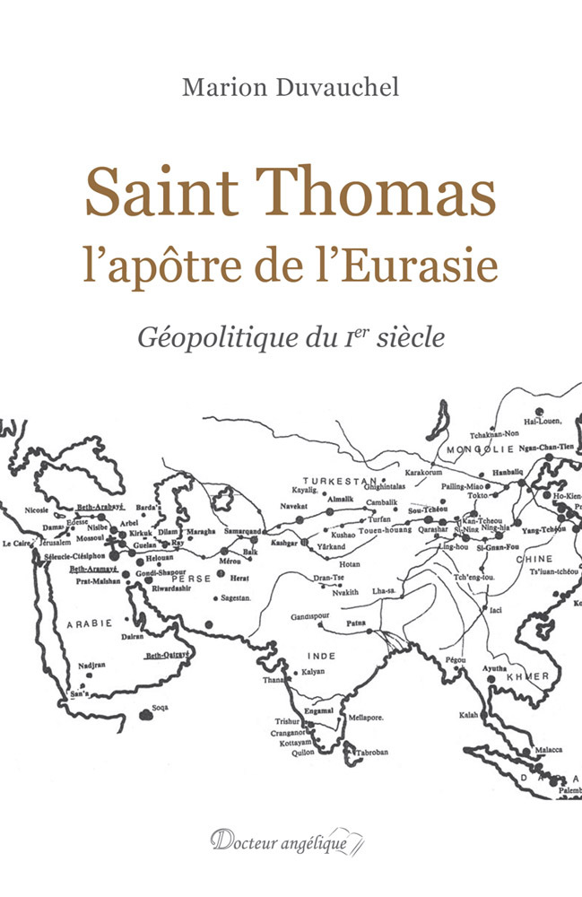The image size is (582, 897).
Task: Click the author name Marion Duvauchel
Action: pyautogui.click(x=291, y=87)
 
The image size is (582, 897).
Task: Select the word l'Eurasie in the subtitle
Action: pyautogui.click(x=428, y=266)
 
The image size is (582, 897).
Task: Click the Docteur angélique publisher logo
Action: pyautogui.click(x=290, y=841)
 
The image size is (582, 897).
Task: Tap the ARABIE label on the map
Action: pyautogui.click(x=88, y=622)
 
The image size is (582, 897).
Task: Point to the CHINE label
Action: pyautogui.click(x=508, y=557)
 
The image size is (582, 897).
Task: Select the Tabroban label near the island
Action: pyautogui.click(x=369, y=752)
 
